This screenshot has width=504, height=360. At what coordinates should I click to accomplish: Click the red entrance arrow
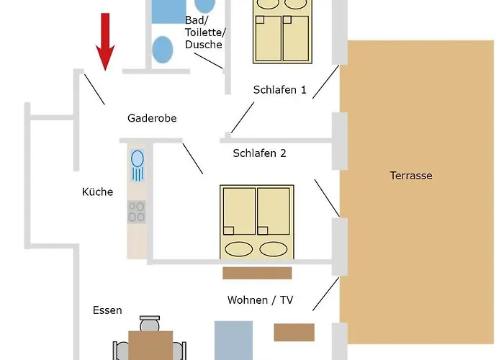[105, 42]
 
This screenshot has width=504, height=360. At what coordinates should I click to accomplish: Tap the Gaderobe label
[152, 118]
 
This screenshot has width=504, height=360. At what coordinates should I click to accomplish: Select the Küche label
[97, 192]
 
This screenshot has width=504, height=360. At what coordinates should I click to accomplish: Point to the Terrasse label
[411, 176]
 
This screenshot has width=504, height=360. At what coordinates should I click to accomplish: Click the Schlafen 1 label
[279, 90]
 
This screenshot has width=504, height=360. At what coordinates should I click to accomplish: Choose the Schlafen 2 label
[259, 153]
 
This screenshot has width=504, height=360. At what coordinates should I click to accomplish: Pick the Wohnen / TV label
[260, 300]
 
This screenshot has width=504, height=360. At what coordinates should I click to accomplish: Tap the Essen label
[107, 310]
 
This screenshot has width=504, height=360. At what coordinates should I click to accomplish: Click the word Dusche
[204, 45]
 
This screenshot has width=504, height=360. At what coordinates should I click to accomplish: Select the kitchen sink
[138, 166]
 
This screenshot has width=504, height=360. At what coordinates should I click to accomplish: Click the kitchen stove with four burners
[137, 212]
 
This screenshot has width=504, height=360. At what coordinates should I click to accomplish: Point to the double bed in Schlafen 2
[257, 222]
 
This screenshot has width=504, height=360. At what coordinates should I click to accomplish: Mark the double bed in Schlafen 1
[282, 32]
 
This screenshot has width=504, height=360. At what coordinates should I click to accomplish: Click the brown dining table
[150, 346]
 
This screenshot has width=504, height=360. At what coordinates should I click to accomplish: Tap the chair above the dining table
[150, 324]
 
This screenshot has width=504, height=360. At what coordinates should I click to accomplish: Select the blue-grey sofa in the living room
[234, 341]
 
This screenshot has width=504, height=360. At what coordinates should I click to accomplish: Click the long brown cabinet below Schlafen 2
[257, 273]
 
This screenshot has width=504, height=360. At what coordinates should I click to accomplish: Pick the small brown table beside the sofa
[294, 333]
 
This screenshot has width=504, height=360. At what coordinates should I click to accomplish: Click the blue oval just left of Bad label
[162, 50]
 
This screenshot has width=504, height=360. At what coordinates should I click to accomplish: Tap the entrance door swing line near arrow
[94, 89]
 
